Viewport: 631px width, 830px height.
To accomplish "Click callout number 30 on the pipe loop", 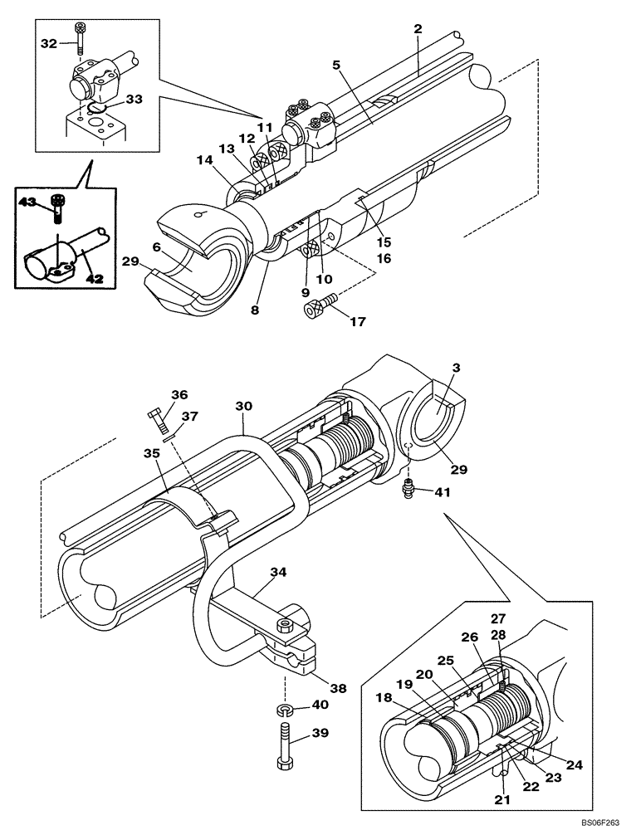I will click(x=242, y=407).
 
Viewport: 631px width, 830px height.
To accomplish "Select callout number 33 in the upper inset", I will click(x=135, y=99).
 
